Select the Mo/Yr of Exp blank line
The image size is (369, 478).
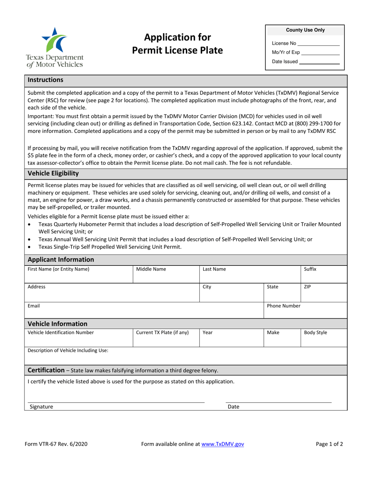pyautogui.click(x=320, y=52)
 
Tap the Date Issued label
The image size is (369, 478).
pyautogui.click(x=285, y=61)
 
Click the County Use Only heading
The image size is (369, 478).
pyautogui.click(x=305, y=30)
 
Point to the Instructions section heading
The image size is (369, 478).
pyautogui.click(x=45, y=80)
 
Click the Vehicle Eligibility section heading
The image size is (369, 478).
pyautogui.click(x=53, y=173)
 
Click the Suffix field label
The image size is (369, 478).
pyautogui.click(x=310, y=269)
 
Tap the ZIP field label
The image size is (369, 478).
pyautogui.click(x=307, y=287)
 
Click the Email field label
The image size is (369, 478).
pyautogui.click(x=34, y=306)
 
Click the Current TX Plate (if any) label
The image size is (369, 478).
pyautogui.click(x=162, y=333)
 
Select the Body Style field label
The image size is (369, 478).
pyautogui.click(x=315, y=333)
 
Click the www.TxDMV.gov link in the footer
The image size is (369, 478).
pyautogui.click(x=223, y=444)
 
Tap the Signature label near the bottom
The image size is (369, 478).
pyautogui.click(x=42, y=407)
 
